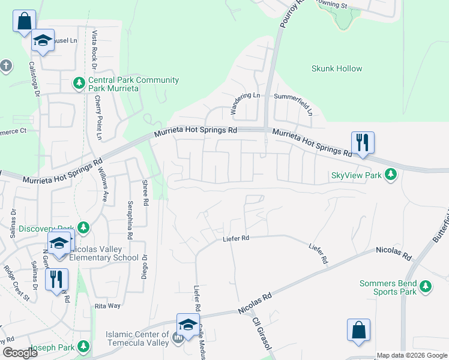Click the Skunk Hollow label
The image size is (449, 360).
tap(337, 69)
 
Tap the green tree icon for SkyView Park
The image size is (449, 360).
tap(391, 175)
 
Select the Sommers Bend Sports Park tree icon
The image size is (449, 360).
tap(426, 286)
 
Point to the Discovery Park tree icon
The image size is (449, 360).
tap(83, 228)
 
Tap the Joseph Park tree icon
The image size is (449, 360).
tap(83, 346)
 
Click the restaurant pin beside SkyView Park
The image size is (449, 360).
tap(363, 143)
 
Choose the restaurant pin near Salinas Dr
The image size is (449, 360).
tap(56, 280)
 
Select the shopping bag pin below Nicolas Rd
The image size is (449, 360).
tap(358, 330)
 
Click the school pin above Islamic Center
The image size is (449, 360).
tap(188, 325)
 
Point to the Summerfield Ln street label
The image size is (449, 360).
tap(294, 97)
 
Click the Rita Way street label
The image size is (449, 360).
tap(108, 306)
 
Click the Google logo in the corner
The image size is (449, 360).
tap(19, 353)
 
